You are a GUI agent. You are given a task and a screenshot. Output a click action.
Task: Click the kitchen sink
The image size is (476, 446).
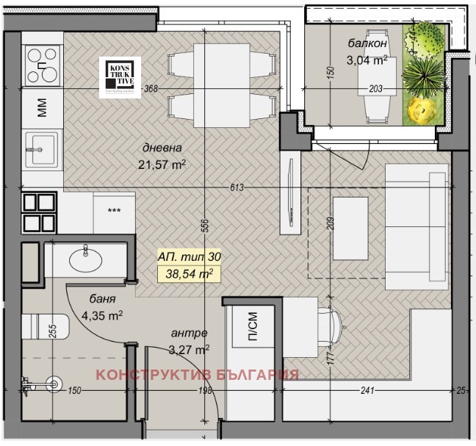pos(39,151)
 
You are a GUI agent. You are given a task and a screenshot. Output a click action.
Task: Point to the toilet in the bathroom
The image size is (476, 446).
pos(44,326)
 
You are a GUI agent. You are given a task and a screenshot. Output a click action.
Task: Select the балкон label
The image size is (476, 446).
pos(367,44)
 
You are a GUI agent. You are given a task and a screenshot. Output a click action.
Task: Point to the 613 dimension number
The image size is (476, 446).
pos(236,188)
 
